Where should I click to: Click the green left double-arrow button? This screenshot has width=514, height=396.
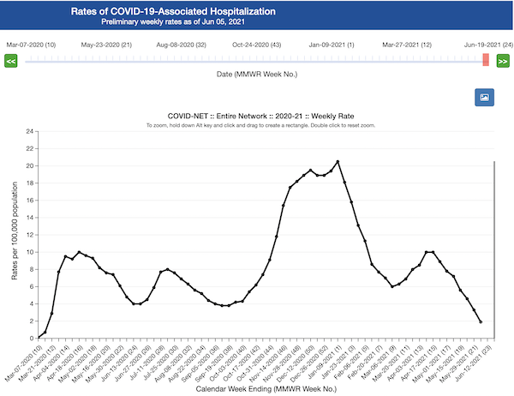(11, 61)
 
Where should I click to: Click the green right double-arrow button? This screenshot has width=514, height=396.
(503, 61)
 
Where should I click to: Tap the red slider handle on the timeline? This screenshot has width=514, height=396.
(486, 60)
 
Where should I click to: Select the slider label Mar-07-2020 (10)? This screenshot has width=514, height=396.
(31, 44)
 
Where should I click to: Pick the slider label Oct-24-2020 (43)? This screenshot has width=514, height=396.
(257, 44)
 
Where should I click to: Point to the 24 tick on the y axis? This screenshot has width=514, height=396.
(29, 131)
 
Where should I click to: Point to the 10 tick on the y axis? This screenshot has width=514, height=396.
(29, 252)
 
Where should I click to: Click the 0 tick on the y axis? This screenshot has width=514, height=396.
(31, 338)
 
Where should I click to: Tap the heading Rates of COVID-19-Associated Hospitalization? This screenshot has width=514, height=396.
(185, 11)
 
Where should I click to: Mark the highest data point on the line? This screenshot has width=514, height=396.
(338, 161)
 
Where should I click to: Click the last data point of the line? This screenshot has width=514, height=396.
(481, 322)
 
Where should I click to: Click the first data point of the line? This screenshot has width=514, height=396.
(39, 338)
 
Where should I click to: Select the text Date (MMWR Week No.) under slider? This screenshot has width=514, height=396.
(257, 75)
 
